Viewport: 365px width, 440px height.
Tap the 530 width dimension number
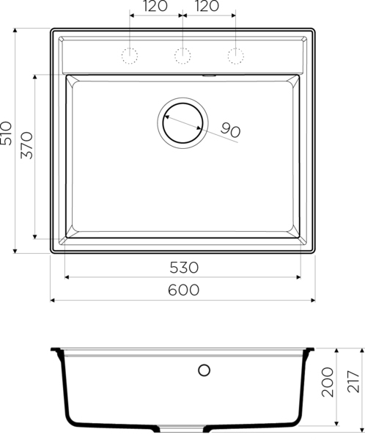click(183, 267)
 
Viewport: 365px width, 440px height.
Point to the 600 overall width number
click(183, 290)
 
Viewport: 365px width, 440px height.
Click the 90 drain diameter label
click(230, 131)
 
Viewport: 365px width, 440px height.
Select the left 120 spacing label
click(152, 7)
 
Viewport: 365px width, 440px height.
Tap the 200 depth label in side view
click(328, 382)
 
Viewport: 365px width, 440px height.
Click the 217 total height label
click(355, 382)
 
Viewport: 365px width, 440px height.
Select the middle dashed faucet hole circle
click(182, 54)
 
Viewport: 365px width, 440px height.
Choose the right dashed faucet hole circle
click(235, 54)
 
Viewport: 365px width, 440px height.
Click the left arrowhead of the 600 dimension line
click(53, 300)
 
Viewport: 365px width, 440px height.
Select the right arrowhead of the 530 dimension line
click(298, 277)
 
